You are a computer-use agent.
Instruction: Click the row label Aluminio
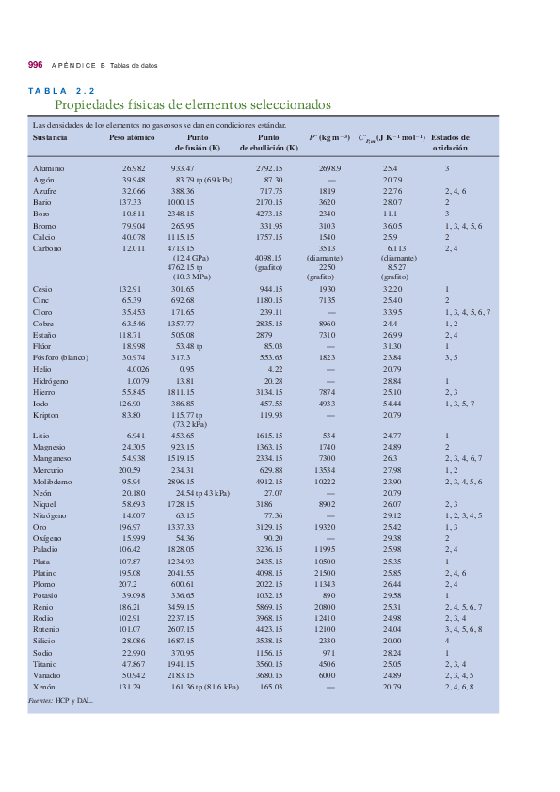click(49, 167)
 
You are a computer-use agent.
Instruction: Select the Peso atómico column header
click(132, 137)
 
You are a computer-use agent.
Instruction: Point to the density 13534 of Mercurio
click(327, 469)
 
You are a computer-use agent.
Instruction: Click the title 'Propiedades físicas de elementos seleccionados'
click(193, 105)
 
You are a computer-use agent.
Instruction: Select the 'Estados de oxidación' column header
click(450, 143)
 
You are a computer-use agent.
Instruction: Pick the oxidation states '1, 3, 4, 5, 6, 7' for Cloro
click(468, 311)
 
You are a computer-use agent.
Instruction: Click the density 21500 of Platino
click(327, 573)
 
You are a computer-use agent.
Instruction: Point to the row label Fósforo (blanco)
click(61, 357)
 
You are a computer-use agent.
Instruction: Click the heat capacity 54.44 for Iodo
click(392, 403)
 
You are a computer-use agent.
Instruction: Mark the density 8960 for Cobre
click(327, 323)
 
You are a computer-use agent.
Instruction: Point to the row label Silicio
click(45, 641)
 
